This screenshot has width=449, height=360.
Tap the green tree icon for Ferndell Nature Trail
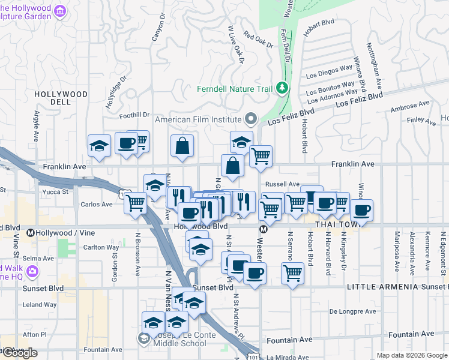pos(282,89)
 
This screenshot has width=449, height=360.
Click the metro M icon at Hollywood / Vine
pos(31,231)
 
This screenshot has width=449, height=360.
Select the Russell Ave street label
pos(282,184)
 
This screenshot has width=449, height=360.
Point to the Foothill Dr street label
pos(134,115)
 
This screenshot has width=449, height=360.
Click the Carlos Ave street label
pos(97,204)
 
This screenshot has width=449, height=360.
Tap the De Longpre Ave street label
pos(353,311)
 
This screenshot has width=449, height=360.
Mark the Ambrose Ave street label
pos(410,106)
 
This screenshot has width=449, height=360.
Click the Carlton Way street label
pos(101,247)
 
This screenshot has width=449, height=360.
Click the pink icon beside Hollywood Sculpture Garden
pos(60,11)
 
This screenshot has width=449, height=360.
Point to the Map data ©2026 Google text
pos(411,355)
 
